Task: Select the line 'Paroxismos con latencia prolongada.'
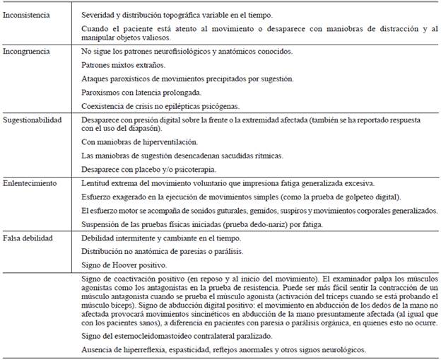pos(141,92)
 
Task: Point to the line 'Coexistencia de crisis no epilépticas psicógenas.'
pos(163,105)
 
